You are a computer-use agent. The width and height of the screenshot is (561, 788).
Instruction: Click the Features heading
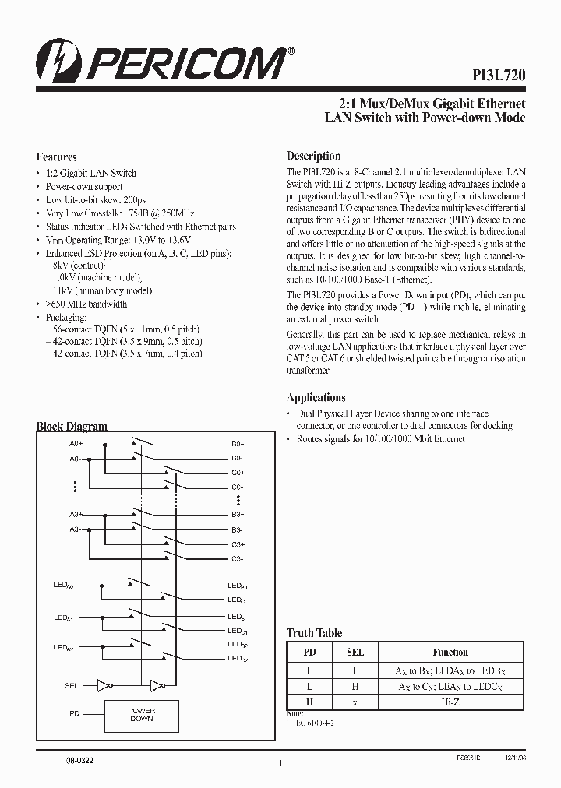57,157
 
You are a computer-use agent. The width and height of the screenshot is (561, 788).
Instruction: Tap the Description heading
313,156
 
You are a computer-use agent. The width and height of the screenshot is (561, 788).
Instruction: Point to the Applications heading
316,397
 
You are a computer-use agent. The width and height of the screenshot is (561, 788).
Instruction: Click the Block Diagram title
72,427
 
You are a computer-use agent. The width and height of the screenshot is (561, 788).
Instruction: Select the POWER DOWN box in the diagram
142,716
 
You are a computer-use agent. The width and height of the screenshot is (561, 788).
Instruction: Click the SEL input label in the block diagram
72,686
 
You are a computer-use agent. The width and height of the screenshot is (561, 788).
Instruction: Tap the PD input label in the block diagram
75,713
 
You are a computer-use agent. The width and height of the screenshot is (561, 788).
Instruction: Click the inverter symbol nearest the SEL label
104,686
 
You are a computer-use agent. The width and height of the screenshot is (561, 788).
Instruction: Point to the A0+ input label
76,443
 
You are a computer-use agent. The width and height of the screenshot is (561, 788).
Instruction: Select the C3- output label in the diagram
237,559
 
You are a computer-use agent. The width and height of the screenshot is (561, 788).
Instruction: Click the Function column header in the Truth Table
450,652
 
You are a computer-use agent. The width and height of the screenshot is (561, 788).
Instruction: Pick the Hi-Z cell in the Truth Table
450,701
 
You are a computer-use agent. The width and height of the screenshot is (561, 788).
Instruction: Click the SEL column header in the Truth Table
355,652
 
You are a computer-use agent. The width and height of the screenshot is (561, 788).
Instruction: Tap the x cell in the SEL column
355,701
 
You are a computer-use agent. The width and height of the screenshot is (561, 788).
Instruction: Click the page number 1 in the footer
279,765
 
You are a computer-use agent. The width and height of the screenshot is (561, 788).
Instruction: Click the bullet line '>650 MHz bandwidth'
86,304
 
